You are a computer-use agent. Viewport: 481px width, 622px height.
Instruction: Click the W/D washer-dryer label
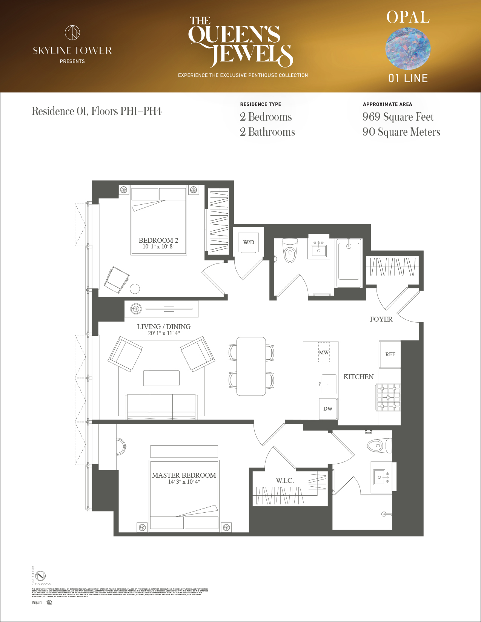coord(248,242)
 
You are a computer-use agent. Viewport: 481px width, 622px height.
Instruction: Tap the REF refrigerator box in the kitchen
coord(390,354)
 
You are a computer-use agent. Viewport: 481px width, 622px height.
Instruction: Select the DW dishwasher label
coord(327,409)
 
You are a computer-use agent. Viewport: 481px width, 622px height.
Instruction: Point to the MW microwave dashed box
coord(324,352)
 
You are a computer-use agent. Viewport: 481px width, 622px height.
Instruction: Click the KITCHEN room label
coord(358,377)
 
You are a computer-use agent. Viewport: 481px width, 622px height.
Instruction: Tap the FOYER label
coord(381,319)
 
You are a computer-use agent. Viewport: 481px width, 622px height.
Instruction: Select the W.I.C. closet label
coord(284,481)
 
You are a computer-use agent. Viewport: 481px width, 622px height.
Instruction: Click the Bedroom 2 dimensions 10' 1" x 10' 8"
coord(158,247)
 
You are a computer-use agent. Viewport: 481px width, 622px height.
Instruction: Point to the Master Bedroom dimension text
coord(184,482)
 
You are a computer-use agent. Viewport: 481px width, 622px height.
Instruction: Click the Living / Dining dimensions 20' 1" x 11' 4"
coord(164,333)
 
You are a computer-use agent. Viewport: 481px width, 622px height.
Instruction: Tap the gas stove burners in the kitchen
coord(388,397)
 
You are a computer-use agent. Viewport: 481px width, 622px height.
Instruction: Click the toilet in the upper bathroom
coord(290,251)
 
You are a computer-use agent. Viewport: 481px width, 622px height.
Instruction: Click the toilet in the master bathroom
coord(380,446)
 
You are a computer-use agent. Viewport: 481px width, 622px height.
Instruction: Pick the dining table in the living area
coord(251,366)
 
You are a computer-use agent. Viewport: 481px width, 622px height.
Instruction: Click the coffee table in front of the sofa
coord(161,378)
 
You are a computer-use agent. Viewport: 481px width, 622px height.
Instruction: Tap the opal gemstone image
coord(408,48)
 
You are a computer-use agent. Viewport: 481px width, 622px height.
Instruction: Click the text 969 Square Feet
coord(398,117)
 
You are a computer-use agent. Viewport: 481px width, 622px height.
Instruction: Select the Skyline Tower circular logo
coord(72,33)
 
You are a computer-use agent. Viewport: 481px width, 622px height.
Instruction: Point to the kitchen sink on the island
coord(328,384)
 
